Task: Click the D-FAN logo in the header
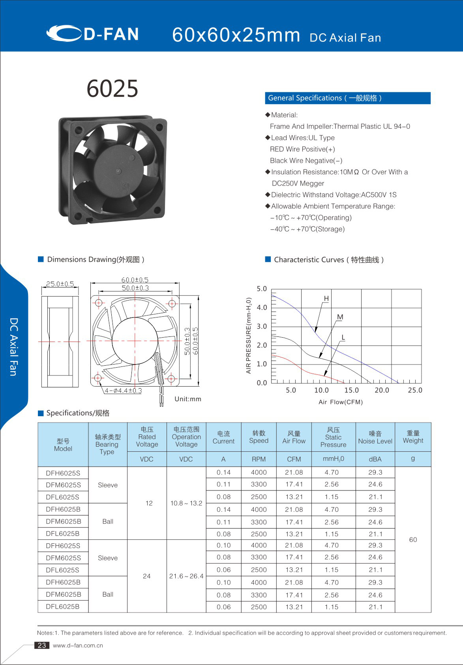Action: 93,34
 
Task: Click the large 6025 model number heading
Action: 112,88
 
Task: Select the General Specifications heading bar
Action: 347,98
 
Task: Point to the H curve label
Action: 326,299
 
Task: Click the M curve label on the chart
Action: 340,317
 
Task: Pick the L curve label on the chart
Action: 343,337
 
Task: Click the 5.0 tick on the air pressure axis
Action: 262,289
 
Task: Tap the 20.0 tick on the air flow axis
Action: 382,390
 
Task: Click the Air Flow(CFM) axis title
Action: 341,402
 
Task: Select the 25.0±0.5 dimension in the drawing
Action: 60,284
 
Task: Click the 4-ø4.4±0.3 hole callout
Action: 123,391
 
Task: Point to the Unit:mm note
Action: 188,399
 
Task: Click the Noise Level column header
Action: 375,438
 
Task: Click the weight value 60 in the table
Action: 413,539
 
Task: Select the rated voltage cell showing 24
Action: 146,576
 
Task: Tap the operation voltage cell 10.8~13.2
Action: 186,503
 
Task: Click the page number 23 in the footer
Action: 42,645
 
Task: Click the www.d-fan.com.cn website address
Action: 78,645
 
